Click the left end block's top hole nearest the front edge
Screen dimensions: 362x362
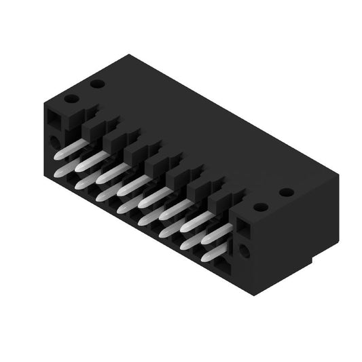(x=71, y=98)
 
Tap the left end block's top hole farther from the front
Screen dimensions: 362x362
(x=97, y=84)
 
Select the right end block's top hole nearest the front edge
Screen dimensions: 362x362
(x=259, y=206)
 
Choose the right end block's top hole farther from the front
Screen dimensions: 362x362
(x=286, y=192)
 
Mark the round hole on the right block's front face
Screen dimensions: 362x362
(x=244, y=251)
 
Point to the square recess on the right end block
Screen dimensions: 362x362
(x=242, y=230)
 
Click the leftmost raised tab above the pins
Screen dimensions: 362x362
(x=91, y=126)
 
